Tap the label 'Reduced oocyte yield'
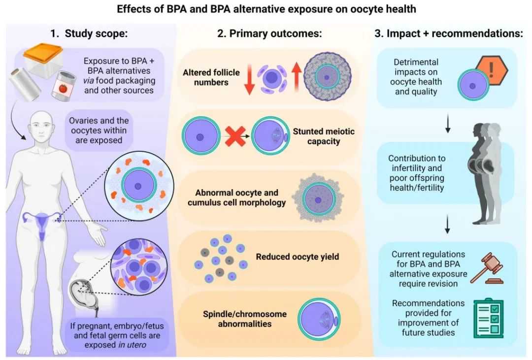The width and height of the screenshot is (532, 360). [x=297, y=257]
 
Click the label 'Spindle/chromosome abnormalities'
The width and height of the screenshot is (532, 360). [x=245, y=319]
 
